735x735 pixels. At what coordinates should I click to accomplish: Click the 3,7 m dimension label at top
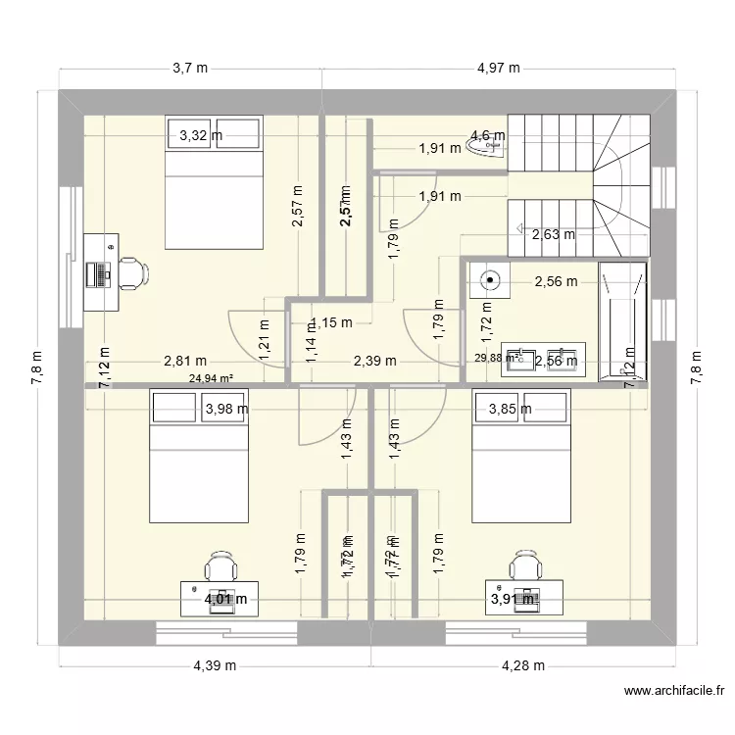click(x=190, y=68)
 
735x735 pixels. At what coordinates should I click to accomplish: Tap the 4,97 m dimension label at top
click(x=498, y=68)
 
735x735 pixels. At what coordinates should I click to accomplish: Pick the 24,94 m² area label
click(x=211, y=374)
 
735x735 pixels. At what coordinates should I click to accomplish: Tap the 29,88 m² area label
click(x=499, y=359)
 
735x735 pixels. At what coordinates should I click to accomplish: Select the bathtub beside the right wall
click(x=622, y=320)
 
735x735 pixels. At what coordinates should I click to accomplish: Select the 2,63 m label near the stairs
click(x=553, y=234)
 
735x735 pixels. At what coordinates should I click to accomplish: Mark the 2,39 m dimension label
click(x=374, y=361)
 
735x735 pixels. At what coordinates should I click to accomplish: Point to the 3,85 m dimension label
click(x=510, y=409)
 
